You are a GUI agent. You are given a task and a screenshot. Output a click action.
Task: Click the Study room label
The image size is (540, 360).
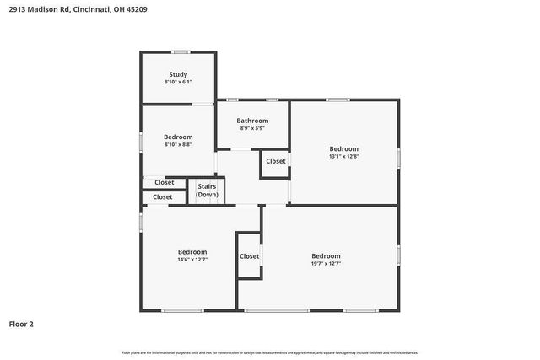[178, 74]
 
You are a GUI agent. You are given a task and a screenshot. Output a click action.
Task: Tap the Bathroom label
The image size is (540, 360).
[252, 121]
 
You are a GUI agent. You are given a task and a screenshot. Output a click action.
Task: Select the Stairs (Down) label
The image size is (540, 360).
[207, 191]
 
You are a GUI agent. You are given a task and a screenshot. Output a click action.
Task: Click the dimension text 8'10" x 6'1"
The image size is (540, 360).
[178, 82]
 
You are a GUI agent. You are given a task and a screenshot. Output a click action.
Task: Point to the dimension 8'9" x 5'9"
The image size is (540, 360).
[252, 128]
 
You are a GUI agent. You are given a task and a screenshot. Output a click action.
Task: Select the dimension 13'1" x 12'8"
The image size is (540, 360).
[343, 156]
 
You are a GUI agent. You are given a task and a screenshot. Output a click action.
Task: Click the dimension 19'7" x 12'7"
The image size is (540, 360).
[326, 264]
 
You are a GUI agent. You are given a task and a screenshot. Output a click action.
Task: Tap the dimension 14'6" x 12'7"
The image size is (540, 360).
[192, 260]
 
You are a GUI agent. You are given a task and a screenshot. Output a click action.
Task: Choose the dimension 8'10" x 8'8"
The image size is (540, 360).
[178, 144]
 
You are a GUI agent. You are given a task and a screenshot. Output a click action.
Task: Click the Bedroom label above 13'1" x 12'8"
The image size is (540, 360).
[343, 148]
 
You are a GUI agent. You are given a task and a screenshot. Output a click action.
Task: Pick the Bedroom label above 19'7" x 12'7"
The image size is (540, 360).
[326, 256]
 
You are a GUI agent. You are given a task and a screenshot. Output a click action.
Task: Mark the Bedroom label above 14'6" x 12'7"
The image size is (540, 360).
[192, 252]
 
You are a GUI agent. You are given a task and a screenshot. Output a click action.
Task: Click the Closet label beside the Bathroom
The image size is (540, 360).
[276, 161]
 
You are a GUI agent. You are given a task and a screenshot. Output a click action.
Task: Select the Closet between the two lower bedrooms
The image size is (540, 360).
[249, 256]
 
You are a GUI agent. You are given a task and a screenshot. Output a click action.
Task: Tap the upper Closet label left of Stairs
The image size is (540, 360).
[164, 182]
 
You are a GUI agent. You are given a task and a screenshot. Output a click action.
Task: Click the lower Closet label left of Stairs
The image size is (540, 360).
[163, 197]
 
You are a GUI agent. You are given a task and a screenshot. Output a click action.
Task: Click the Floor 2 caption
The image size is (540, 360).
[21, 323]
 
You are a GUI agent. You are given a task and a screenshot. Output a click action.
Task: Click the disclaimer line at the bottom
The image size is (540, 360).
[270, 352]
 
